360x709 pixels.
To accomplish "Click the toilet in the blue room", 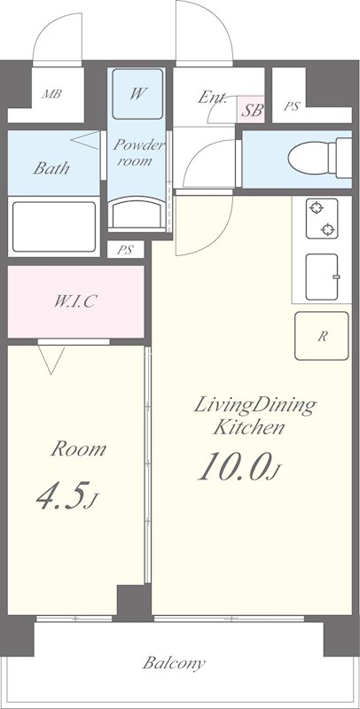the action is click(319, 159).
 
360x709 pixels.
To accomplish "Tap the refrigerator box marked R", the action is click(322, 336).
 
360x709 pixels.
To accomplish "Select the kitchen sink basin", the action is click(322, 277).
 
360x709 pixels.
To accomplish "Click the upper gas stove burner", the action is click(317, 208).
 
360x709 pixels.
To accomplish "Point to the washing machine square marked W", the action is click(137, 94).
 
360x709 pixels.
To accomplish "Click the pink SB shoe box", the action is click(251, 110).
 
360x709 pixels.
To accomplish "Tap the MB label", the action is click(51, 95).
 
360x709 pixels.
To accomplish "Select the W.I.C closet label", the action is click(75, 300).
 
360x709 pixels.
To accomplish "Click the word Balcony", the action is click(174, 663).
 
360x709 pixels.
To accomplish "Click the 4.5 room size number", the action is click(60, 496).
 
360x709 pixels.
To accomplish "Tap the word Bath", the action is click(51, 168).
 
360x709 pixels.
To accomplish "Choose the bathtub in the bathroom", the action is click(54, 227).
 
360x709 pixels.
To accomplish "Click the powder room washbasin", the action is click(137, 213).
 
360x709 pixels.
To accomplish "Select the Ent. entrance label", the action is click(212, 97).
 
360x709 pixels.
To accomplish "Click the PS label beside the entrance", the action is click(292, 106).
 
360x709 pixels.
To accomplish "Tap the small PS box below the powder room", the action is click(125, 250).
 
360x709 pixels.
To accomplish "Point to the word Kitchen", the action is click(249, 426).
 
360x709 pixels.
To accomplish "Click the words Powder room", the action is click(137, 152).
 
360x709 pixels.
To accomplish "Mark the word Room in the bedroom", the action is click(78, 449).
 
